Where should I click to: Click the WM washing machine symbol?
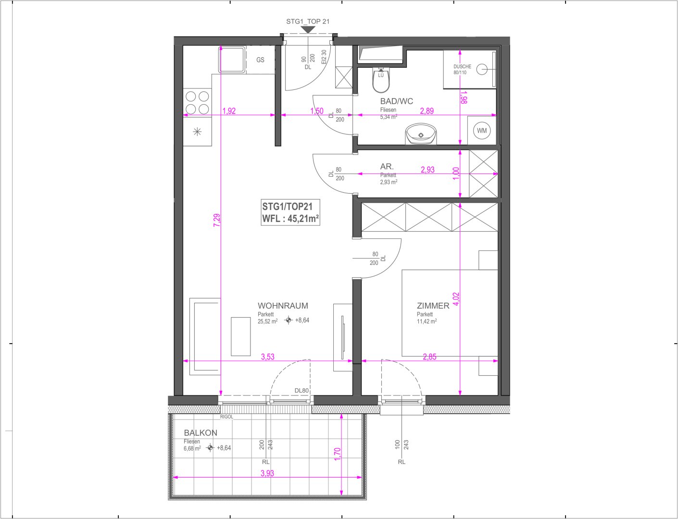[482, 131]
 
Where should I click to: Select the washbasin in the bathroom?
[421, 134]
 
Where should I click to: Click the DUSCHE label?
[462, 66]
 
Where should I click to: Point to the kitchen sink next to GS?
[232, 60]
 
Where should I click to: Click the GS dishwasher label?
[260, 60]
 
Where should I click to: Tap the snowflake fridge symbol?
[197, 132]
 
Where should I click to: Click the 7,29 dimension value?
[217, 220]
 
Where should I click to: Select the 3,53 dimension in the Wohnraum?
[268, 357]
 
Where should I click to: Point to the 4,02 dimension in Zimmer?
[456, 299]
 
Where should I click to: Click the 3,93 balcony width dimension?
[267, 473]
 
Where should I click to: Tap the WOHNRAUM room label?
[283, 306]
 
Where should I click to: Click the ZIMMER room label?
[433, 306]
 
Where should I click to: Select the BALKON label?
[201, 433]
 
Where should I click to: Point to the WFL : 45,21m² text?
[290, 219]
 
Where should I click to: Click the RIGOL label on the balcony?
[226, 417]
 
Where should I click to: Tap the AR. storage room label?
[387, 166]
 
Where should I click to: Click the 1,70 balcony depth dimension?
[338, 454]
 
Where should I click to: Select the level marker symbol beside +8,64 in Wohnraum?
[289, 320]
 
